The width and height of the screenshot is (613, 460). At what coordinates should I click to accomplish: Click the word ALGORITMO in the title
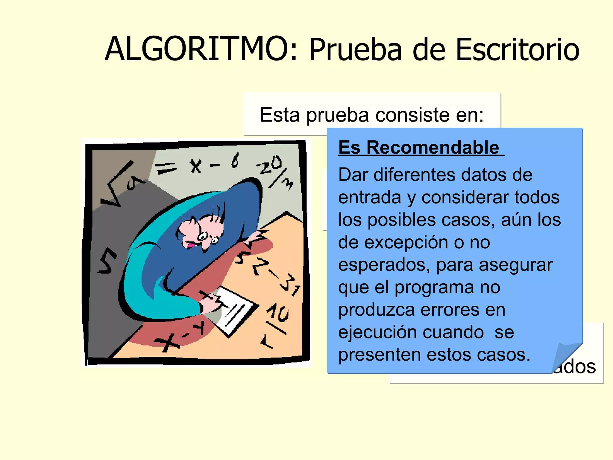tap(198, 49)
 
